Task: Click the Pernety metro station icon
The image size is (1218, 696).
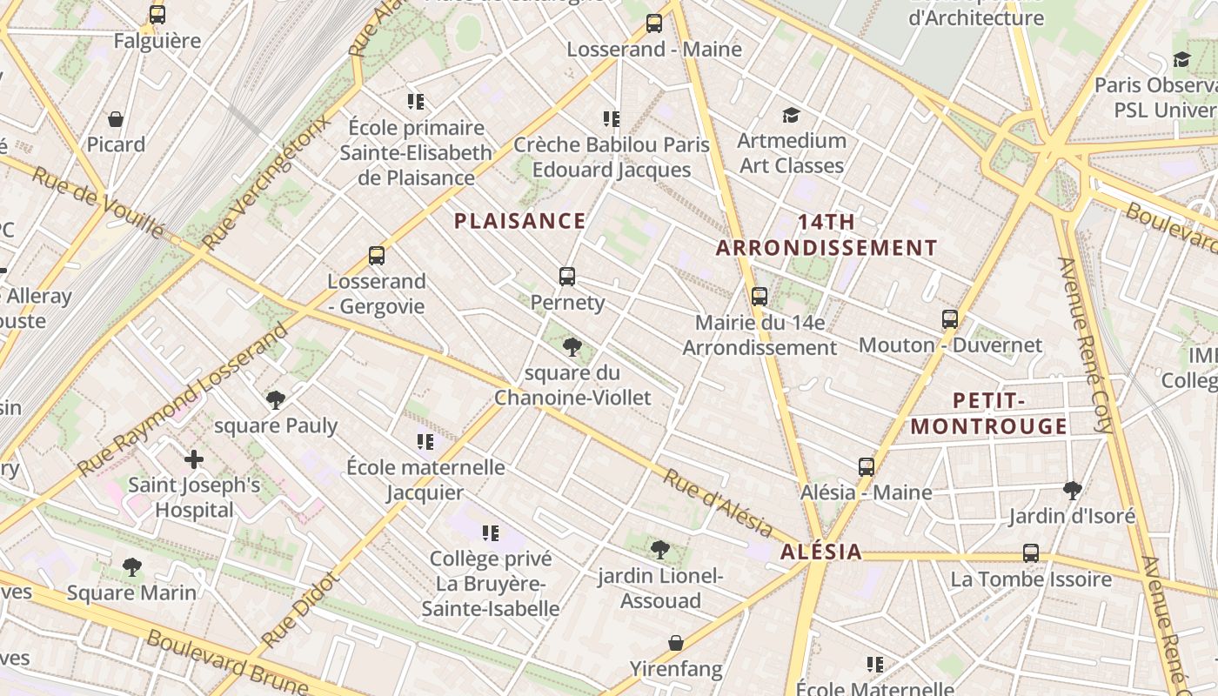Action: (567, 277)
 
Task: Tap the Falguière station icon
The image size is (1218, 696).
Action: (157, 15)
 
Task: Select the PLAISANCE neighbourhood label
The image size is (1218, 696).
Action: (520, 221)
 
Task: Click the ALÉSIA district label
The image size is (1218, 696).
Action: (820, 552)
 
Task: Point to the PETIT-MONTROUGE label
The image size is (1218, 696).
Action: (988, 413)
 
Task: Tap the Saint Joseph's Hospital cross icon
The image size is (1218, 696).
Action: (194, 458)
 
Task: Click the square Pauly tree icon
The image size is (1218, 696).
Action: (276, 400)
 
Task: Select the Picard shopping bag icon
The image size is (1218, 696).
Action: (116, 119)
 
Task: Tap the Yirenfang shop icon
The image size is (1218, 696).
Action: (676, 643)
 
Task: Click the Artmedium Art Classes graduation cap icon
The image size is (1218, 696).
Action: (791, 115)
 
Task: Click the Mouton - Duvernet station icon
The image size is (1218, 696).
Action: (950, 319)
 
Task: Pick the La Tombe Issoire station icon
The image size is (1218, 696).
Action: (1031, 553)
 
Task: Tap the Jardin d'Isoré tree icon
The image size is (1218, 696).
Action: (1072, 491)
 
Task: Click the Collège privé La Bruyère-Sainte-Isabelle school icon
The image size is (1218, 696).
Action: (491, 532)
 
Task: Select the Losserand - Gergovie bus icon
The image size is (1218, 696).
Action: (377, 256)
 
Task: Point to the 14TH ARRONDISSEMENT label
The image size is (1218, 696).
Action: (826, 235)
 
